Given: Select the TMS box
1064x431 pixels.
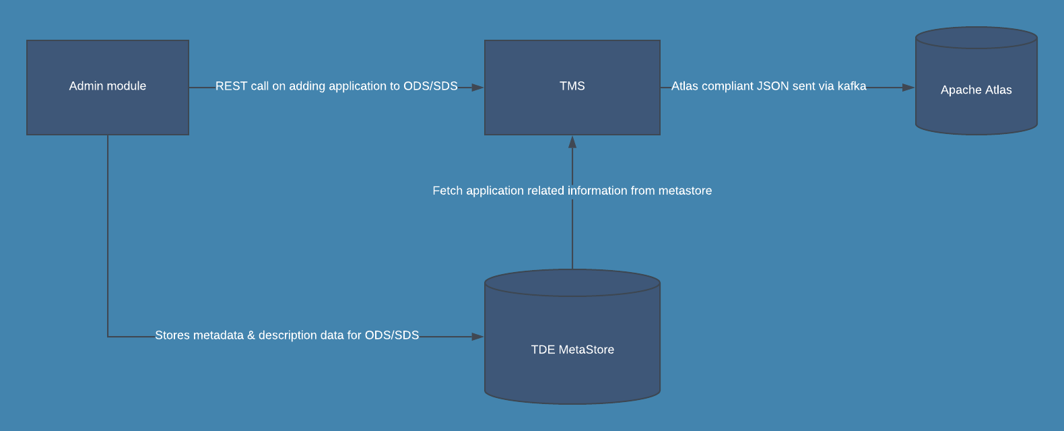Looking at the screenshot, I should tap(572, 108).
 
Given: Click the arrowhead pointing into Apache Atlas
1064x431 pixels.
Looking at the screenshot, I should tap(908, 88).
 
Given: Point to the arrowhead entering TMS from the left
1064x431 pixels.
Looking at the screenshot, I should tap(477, 88).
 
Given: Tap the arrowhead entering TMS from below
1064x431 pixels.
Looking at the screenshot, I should tap(572, 142).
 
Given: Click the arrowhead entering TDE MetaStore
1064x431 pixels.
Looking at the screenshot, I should tap(477, 337).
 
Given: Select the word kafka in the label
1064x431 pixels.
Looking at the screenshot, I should tap(852, 86).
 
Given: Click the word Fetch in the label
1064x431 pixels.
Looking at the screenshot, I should tap(448, 191).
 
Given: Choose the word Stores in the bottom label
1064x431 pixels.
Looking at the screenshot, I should tap(172, 335).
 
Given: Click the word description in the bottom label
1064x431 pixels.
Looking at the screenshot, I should tap(291, 335).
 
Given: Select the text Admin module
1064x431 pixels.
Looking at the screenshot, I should tap(108, 86).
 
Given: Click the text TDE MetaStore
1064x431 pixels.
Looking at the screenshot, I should tap(572, 350).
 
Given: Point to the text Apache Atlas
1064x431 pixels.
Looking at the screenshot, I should tap(976, 90).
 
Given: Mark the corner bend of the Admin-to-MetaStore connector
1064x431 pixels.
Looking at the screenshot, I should tap(108, 337).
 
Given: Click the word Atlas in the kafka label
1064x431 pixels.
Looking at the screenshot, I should tap(685, 86).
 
